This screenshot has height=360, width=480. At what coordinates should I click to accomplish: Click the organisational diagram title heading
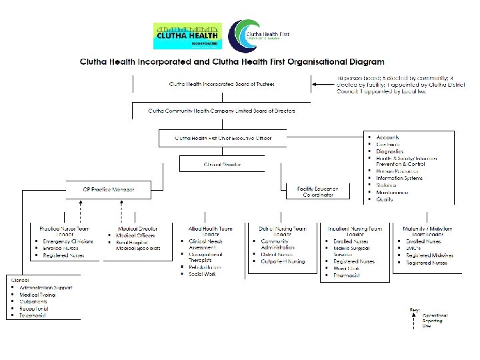coord(223,61)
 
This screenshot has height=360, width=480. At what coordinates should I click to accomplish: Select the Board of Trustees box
coord(221,84)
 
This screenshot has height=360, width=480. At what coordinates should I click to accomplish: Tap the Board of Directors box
coord(221,111)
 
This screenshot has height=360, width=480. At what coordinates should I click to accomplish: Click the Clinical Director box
coord(223,164)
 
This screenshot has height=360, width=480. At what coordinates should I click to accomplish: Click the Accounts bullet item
coord(387,138)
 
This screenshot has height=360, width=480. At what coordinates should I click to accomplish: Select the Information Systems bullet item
coord(399,178)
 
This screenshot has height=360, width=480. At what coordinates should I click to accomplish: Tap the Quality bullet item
coord(385,199)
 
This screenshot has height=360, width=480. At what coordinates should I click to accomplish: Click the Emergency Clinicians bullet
coord(67,241)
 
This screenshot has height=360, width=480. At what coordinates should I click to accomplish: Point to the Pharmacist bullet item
coord(347,275)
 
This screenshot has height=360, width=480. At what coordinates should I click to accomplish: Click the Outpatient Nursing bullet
coord(283,261)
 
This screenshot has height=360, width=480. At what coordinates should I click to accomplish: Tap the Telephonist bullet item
coord(37,316)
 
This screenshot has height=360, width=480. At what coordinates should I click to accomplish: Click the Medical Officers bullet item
coord(135,235)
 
